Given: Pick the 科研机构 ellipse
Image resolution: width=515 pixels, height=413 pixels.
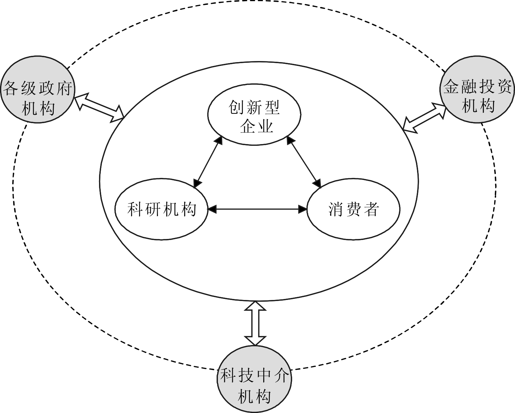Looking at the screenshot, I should (x=161, y=210).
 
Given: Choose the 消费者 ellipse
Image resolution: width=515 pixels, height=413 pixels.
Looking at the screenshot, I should (x=353, y=210).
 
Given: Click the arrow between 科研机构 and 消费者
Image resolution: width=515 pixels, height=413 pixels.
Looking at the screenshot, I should (x=257, y=209).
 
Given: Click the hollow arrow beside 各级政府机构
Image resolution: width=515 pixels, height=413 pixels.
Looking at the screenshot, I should (x=100, y=107).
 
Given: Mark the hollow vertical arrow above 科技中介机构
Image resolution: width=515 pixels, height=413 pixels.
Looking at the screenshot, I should (x=255, y=323).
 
